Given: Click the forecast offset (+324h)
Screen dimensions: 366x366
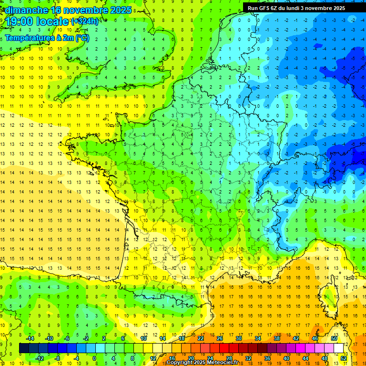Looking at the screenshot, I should [85, 21].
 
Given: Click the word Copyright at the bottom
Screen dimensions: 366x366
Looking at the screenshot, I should [180, 363].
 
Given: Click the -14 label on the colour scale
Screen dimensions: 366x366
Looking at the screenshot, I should [30, 338].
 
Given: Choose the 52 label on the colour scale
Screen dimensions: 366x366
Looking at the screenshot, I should [344, 358].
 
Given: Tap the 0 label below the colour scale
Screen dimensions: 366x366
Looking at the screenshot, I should [95, 358].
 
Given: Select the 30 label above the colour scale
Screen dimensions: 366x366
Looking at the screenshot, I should [238, 338].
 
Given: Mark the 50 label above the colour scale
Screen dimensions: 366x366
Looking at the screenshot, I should [334, 338].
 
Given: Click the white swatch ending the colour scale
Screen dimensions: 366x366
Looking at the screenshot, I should [338, 348].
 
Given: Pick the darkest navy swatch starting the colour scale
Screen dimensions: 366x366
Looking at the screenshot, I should [24, 348].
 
